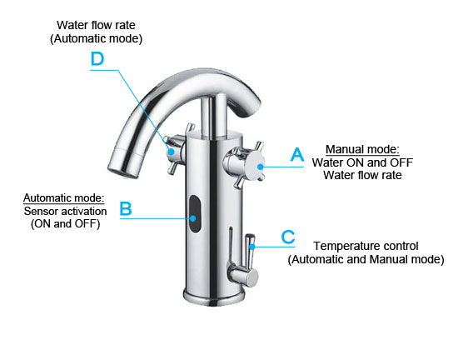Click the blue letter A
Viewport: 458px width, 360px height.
click(x=297, y=154)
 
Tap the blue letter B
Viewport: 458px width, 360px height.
click(x=126, y=208)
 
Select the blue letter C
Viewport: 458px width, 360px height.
click(x=288, y=237)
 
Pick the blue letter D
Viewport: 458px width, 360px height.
click(x=97, y=58)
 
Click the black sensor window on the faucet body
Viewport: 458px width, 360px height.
click(x=195, y=214)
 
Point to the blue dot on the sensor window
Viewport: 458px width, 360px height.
click(x=193, y=218)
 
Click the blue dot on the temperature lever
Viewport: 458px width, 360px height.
click(x=252, y=247)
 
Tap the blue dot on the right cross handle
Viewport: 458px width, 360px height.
click(x=261, y=167)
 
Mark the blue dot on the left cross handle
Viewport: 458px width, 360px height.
click(x=172, y=152)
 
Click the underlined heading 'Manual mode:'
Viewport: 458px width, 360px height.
click(x=362, y=149)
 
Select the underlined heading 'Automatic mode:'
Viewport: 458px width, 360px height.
click(x=63, y=197)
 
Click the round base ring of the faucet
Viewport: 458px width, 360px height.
click(x=214, y=297)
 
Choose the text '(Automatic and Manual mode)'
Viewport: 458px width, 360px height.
click(x=366, y=259)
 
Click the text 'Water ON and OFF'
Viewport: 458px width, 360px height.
click(x=362, y=162)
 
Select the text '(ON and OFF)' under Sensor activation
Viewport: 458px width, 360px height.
click(x=66, y=224)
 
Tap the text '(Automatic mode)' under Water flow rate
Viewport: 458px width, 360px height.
click(x=96, y=38)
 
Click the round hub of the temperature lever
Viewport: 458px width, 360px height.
click(x=251, y=277)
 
